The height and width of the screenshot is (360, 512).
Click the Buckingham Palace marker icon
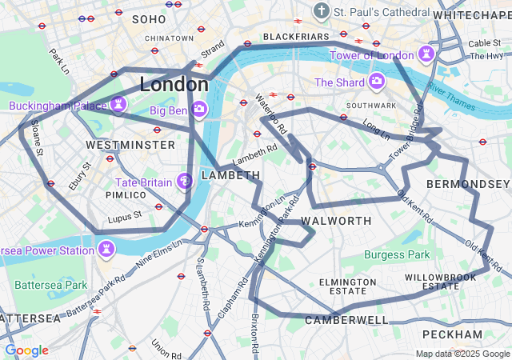pyautogui.click(x=118, y=106)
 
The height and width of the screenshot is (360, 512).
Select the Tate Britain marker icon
pyautogui.click(x=185, y=182)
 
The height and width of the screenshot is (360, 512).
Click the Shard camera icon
pyautogui.click(x=377, y=82)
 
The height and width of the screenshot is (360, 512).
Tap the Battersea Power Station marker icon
pyautogui.click(x=106, y=250)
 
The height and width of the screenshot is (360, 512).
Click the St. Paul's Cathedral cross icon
pyautogui.click(x=322, y=12)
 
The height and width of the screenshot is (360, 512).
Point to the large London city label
pyautogui.click(x=174, y=84)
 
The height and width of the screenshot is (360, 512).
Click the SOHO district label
pyautogui.click(x=149, y=18)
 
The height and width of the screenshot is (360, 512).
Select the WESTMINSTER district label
pyautogui.click(x=130, y=145)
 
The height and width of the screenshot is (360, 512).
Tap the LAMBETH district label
pyautogui.click(x=230, y=174)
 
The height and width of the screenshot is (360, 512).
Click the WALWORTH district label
pyautogui.click(x=336, y=220)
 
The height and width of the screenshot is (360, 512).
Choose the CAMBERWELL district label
pyautogui.click(x=346, y=320)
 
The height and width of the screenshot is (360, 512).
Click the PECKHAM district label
pyautogui.click(x=454, y=334)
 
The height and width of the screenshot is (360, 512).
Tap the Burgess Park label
pyautogui.click(x=397, y=255)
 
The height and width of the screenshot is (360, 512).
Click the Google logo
pyautogui.click(x=26, y=350)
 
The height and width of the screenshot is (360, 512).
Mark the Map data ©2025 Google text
pyautogui.click(x=462, y=354)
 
